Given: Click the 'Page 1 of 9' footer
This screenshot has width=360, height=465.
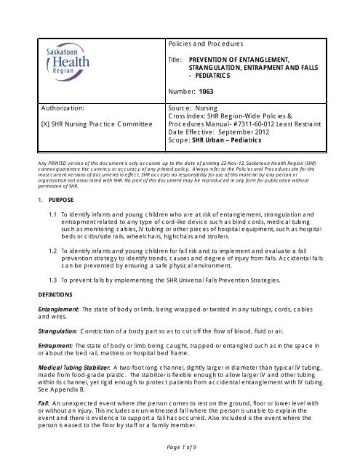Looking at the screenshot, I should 180,453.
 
